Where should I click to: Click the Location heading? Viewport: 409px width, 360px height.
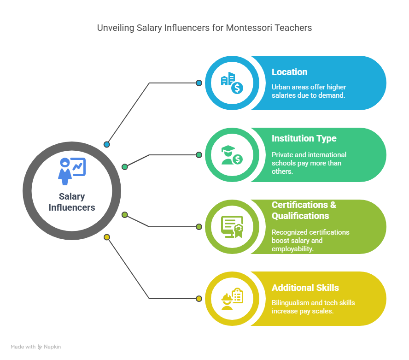click(x=289, y=72)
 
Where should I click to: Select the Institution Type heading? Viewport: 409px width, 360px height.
click(x=304, y=139)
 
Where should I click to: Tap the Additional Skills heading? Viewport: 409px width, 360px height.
click(x=305, y=288)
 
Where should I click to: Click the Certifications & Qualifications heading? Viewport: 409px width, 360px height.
click(x=304, y=210)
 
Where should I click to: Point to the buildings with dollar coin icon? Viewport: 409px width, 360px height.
click(x=232, y=83)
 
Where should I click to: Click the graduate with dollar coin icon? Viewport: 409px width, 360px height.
click(x=232, y=155)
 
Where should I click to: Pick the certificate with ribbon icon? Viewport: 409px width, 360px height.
click(x=232, y=226)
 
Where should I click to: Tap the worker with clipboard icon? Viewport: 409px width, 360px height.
click(x=232, y=298)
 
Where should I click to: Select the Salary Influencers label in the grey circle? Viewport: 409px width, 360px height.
click(x=72, y=202)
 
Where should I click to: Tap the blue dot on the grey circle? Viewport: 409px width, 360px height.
click(x=107, y=145)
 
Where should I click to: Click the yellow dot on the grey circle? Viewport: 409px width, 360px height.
click(x=107, y=237)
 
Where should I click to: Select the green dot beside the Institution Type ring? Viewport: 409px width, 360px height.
click(x=199, y=155)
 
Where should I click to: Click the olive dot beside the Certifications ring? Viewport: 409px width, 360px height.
click(x=199, y=227)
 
